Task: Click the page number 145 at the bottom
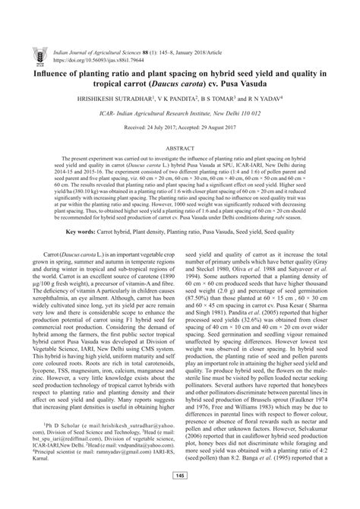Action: click(180, 498)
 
